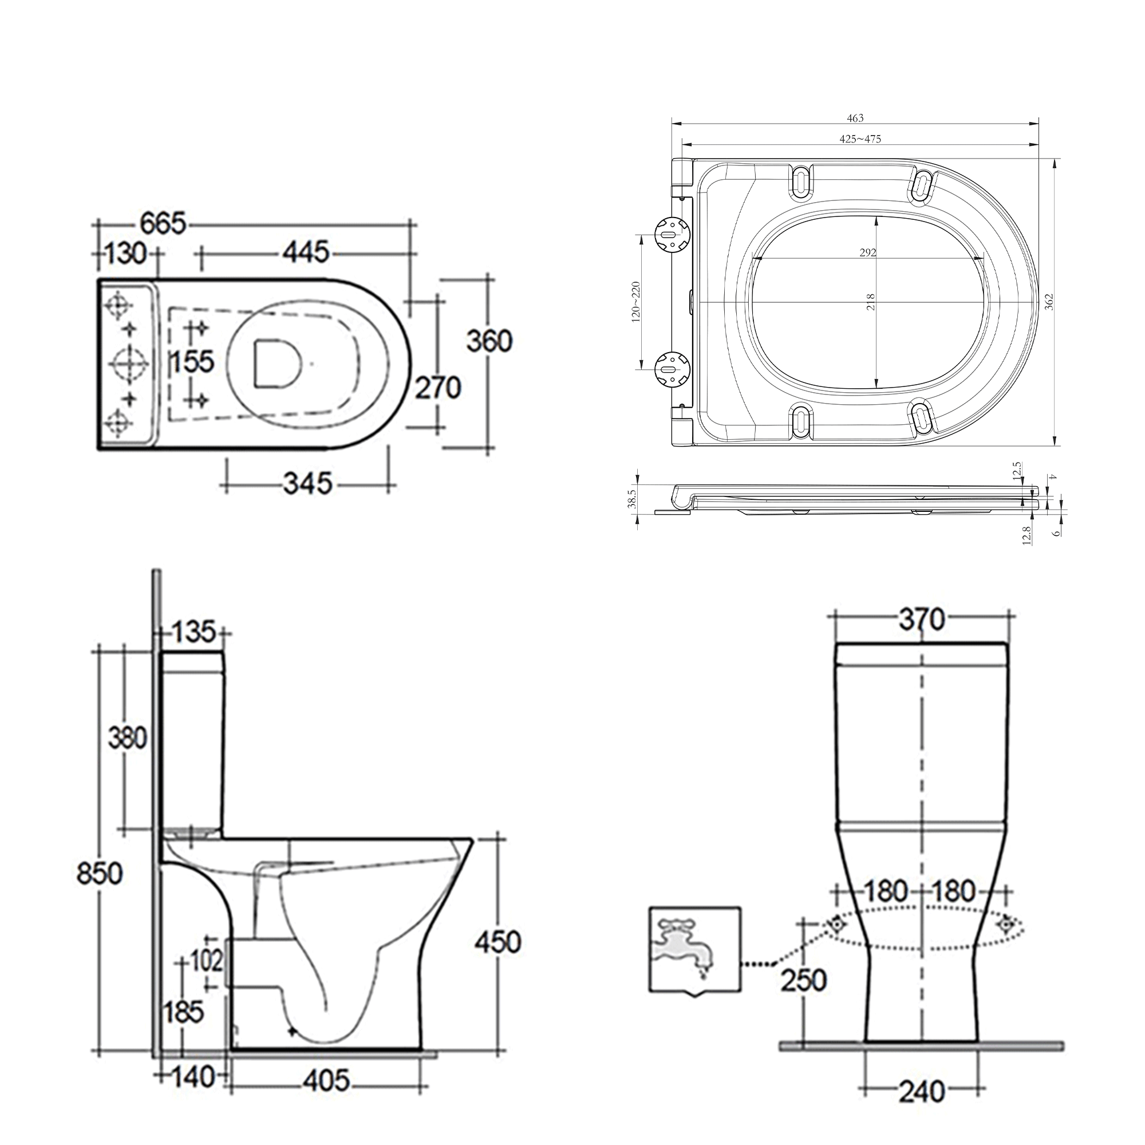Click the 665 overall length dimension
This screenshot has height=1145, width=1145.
point(163,224)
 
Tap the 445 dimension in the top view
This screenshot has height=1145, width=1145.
point(305,252)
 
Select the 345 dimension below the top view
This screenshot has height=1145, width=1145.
point(307,484)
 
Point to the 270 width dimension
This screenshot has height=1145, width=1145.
point(437,388)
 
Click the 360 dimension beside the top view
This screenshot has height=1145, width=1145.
point(489,341)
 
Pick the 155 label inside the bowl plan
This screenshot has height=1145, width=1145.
point(193,361)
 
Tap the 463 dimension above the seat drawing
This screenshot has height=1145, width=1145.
point(855,119)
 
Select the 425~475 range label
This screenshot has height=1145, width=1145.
point(860,139)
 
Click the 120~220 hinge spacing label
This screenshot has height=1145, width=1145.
point(636,301)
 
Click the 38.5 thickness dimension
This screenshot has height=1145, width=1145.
point(633,499)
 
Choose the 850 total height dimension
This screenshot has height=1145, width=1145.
point(99,874)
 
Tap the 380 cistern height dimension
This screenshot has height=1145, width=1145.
point(127,739)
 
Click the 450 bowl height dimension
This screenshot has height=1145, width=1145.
point(498,942)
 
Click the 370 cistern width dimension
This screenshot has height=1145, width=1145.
point(921,621)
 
